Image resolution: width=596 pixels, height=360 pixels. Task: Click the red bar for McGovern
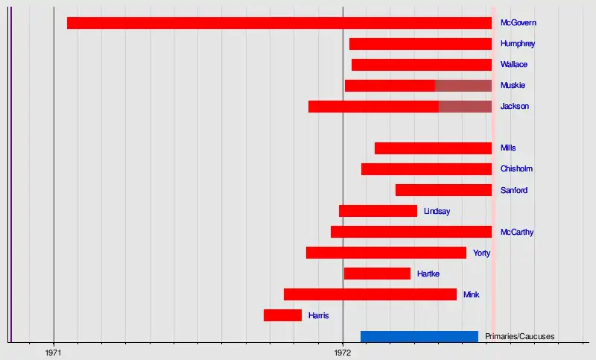(279, 23)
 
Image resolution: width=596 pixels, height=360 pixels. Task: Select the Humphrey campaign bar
(420, 44)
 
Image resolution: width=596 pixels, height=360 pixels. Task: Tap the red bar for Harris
(282, 315)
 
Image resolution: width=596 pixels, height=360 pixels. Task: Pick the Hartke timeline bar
(377, 274)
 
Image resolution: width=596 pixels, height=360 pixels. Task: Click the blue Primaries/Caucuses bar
(419, 336)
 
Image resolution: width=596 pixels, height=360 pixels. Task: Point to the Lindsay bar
(378, 211)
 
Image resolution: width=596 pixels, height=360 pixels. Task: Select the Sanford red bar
(443, 190)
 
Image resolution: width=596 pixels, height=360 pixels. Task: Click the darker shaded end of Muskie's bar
(463, 86)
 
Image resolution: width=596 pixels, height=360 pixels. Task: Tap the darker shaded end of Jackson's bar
(465, 107)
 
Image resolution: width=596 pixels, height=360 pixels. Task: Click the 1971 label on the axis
(54, 351)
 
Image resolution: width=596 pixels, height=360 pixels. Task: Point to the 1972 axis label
(342, 351)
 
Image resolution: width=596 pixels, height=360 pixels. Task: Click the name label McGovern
(519, 23)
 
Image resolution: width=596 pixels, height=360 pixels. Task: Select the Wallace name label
(514, 65)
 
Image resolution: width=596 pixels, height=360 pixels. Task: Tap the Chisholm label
(516, 169)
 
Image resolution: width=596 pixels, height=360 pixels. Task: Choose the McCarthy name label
(517, 232)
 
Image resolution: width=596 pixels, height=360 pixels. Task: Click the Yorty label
(481, 253)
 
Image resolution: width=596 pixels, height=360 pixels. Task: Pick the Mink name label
(471, 294)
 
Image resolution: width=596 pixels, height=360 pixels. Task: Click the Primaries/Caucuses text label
(519, 337)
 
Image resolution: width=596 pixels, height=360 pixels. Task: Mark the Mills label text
(508, 148)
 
